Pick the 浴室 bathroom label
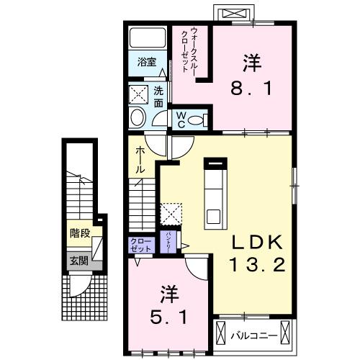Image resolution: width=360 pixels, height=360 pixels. [x=147, y=62]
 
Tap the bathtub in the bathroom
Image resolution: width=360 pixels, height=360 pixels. [x=147, y=38]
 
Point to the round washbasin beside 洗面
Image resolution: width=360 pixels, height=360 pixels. [x=137, y=118]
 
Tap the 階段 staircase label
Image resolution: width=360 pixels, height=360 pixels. [x=80, y=233]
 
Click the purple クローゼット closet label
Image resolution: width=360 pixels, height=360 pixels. [x=141, y=245]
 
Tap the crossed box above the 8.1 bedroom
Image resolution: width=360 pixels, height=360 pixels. [x=233, y=14]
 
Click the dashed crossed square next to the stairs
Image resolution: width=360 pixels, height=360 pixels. [x=171, y=214]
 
